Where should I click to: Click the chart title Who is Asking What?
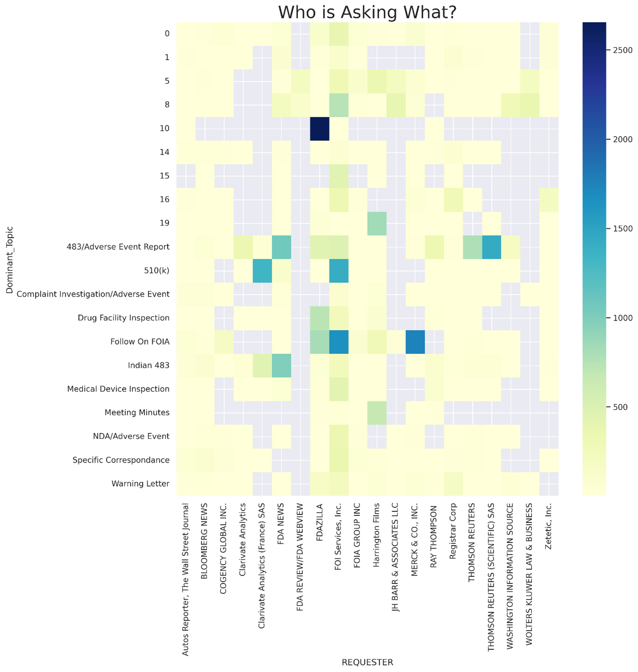tap(367, 12)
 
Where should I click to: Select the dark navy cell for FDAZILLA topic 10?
tap(319, 128)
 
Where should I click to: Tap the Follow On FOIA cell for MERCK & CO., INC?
tap(415, 342)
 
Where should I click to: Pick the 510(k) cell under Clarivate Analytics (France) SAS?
tap(262, 270)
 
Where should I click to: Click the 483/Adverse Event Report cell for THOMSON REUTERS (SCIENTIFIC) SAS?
tap(491, 247)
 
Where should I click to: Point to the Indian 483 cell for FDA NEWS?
tap(281, 365)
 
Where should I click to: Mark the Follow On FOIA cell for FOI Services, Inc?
tap(339, 342)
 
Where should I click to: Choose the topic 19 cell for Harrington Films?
tap(377, 223)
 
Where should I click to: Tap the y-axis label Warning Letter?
tap(140, 484)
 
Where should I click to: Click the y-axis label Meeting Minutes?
tap(137, 412)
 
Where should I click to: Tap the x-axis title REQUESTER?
tap(367, 662)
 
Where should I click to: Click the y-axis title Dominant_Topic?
tap(10, 260)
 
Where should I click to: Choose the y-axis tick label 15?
tap(165, 175)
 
